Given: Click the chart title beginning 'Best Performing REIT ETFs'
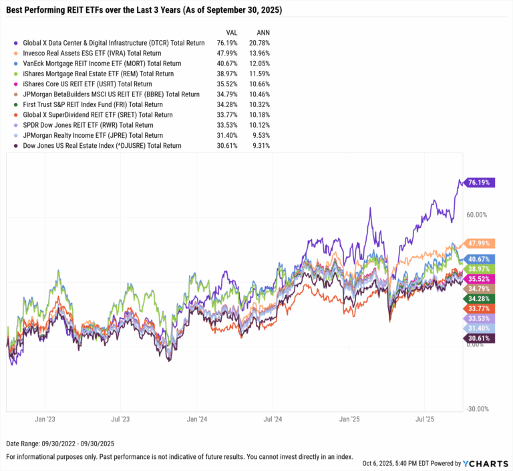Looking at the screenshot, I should coord(144,11).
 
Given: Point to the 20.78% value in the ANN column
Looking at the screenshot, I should coord(259,43).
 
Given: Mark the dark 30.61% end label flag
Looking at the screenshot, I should coord(479,339).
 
